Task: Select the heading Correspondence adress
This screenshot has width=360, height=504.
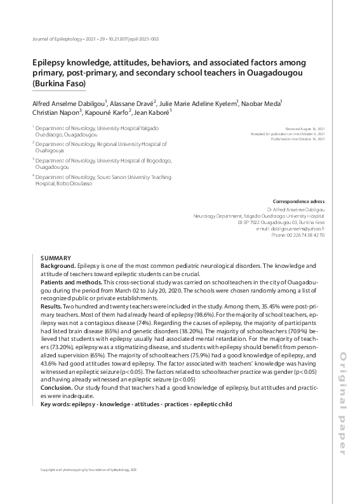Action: (x=298, y=200)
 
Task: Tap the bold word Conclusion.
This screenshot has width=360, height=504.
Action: (x=56, y=387)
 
